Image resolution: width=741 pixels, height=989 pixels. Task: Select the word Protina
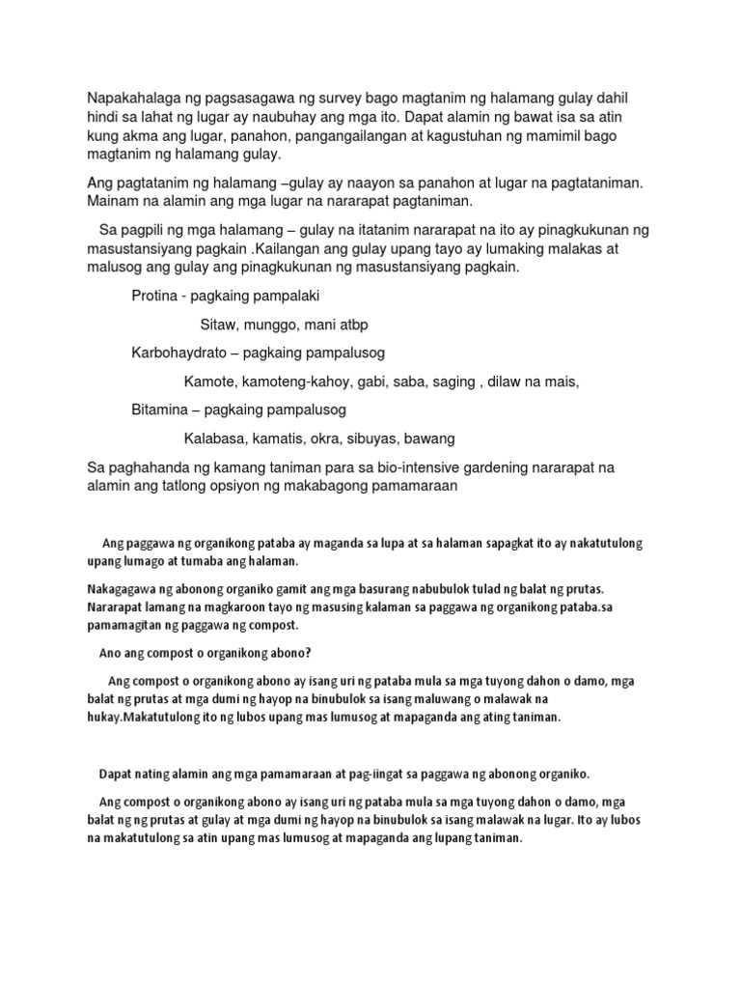tap(155, 296)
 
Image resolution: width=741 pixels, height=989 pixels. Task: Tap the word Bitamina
tap(160, 410)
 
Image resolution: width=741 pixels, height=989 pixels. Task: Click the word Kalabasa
tap(215, 438)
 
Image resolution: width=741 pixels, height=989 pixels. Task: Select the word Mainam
tap(112, 201)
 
